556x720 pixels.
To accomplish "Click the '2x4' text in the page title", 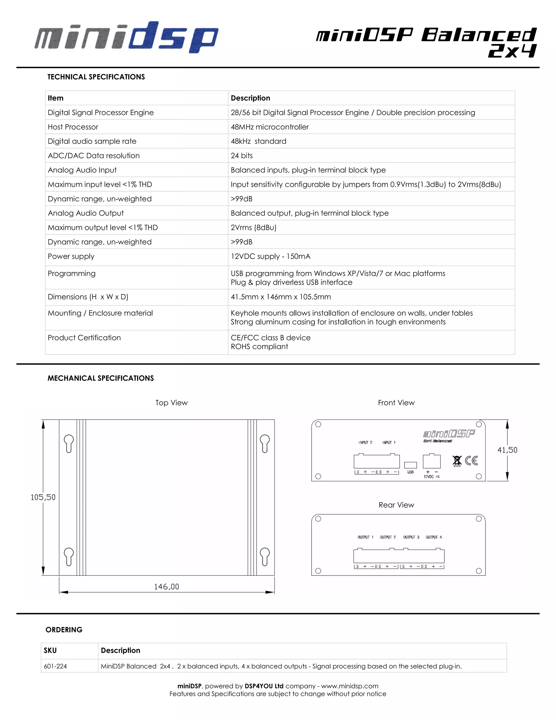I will coord(512,51).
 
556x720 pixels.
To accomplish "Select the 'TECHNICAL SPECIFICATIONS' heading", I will coord(96,77).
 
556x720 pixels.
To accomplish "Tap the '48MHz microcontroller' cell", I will coord(269,127).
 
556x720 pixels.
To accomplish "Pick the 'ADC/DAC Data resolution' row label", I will coord(94,156).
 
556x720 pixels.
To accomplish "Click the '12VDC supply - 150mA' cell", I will coord(270,256).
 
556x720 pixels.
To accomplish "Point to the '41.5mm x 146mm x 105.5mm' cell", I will coord(281,297).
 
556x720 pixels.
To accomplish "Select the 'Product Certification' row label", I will coord(84,337).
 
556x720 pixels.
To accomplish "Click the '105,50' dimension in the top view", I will coord(43,497).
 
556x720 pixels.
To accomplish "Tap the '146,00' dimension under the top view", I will coord(166,587).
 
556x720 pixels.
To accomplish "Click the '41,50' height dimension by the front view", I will coord(507,450).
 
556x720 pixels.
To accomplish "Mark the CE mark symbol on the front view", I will coord(471,460).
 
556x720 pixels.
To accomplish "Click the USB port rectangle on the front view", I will coord(410,465).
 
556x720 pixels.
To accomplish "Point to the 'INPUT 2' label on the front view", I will coord(365,442).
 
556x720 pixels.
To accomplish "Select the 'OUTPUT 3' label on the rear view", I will coord(411,537).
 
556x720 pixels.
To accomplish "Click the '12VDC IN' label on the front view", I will coord(431,477).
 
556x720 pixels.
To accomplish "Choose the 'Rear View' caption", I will coord(396,505).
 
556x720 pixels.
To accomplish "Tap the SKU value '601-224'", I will coord(55,666).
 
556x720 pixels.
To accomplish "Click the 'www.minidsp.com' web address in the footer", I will coord(349,686).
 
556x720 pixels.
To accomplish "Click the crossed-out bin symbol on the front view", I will coord(457,461).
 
